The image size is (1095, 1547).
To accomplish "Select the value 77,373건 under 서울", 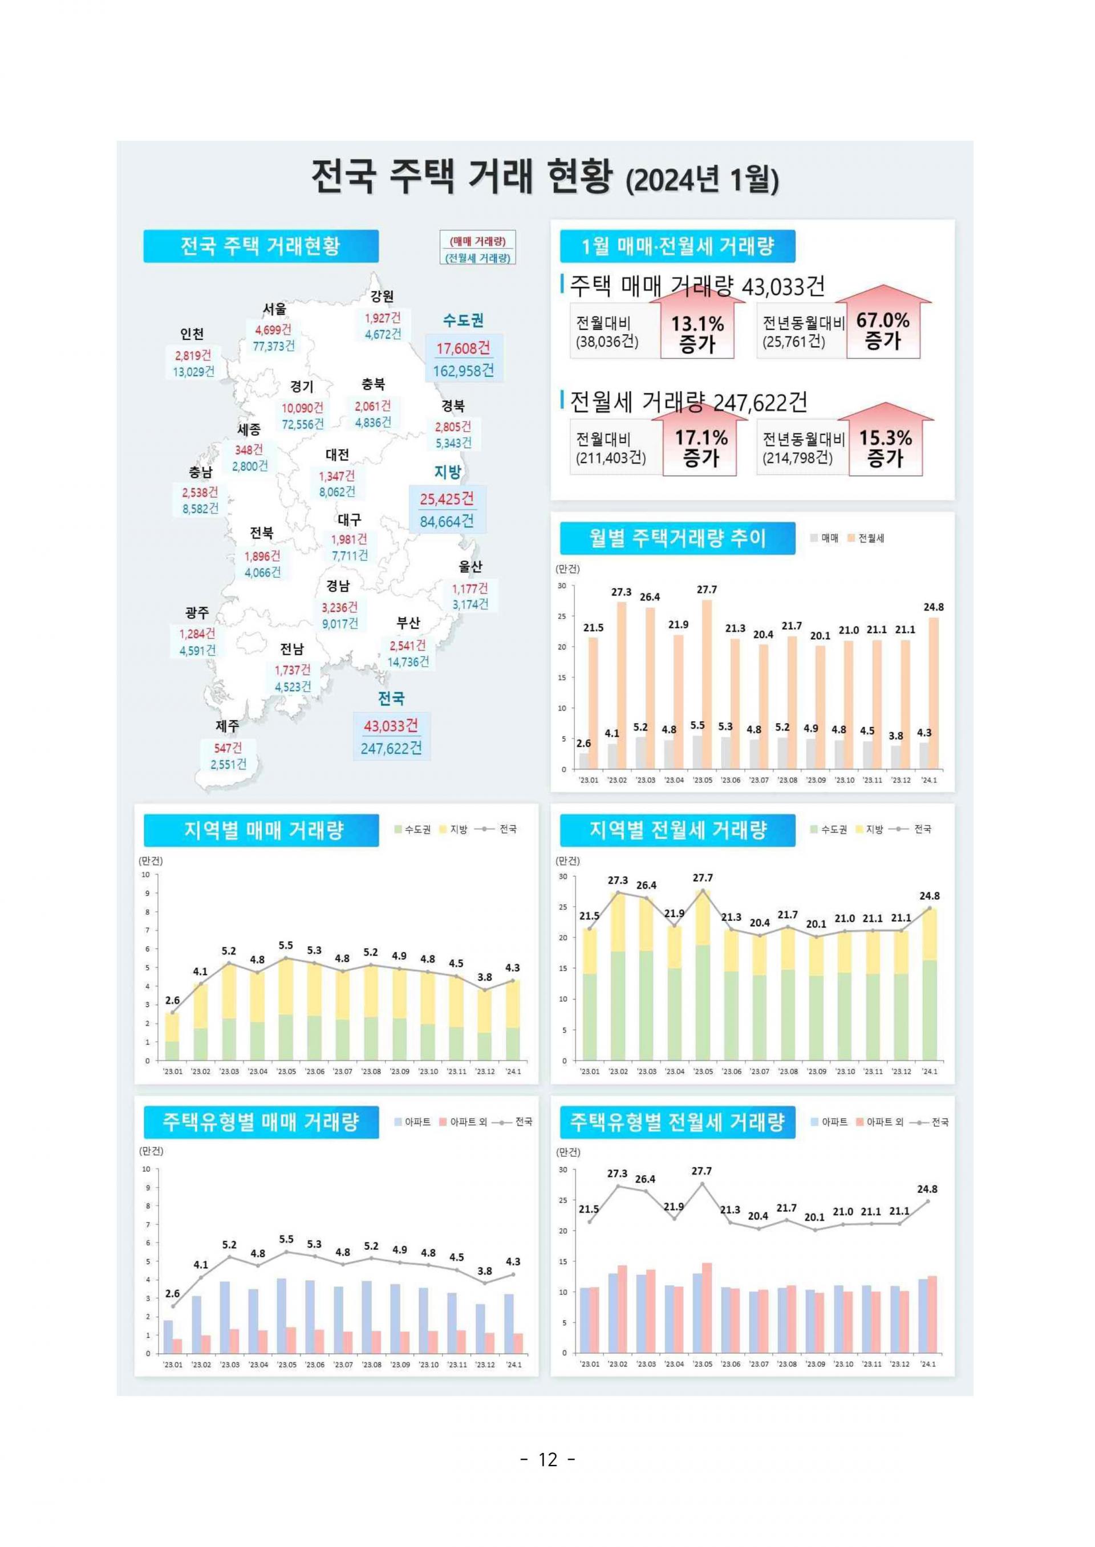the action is [274, 346].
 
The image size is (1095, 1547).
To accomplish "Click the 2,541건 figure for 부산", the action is [407, 645].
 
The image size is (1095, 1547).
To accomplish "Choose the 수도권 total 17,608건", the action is [463, 348].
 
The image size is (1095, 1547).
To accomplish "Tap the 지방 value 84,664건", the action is [447, 521].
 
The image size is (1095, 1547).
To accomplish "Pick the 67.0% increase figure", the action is [883, 320].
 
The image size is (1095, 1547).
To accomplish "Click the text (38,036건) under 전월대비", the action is [607, 341].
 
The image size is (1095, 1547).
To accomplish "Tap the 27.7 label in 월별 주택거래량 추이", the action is [707, 590].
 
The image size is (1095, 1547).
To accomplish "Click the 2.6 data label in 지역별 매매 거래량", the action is [173, 1000].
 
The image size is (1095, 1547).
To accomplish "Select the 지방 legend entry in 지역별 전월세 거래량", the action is [869, 829].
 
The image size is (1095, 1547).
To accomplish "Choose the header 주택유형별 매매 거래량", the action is [260, 1122].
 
